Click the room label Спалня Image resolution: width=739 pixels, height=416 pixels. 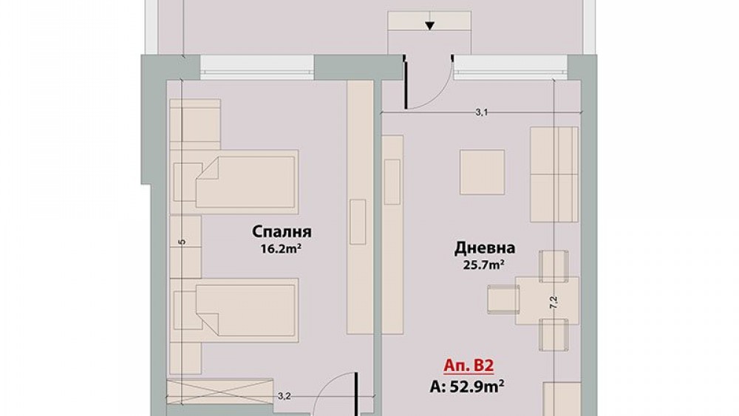[282, 232]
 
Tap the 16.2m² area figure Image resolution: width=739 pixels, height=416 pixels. [282, 248]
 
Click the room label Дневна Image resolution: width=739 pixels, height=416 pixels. [485, 248]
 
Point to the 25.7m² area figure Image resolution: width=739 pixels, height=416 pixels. [485, 265]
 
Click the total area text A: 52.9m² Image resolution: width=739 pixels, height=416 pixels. [467, 386]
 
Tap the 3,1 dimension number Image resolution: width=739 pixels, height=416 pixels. [481, 112]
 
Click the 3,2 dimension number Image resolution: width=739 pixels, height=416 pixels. [283, 397]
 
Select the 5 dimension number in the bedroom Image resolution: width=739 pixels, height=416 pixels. [183, 242]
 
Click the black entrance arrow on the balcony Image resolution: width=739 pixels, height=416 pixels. [429, 25]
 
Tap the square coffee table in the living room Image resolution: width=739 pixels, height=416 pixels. [482, 172]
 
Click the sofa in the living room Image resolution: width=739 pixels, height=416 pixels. [554, 174]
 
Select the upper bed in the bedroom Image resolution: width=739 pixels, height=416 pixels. [234, 182]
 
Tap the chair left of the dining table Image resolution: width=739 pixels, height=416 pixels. [503, 300]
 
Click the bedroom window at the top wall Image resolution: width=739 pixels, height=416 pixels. [257, 67]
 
